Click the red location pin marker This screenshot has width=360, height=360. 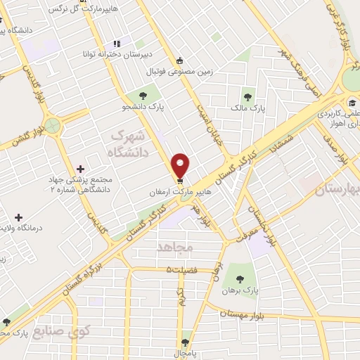point(181,165)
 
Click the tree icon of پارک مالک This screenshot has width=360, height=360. point(247,97)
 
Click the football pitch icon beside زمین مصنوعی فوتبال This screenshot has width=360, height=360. point(181,60)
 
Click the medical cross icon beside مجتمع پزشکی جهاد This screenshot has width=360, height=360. point(81,169)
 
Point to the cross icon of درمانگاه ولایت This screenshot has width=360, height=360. point(18,218)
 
